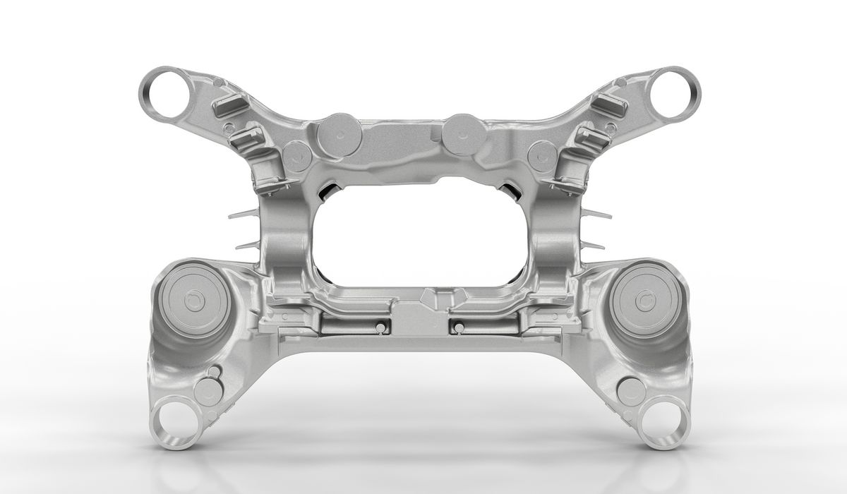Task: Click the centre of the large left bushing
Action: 190,301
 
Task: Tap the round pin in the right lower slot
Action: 459,327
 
